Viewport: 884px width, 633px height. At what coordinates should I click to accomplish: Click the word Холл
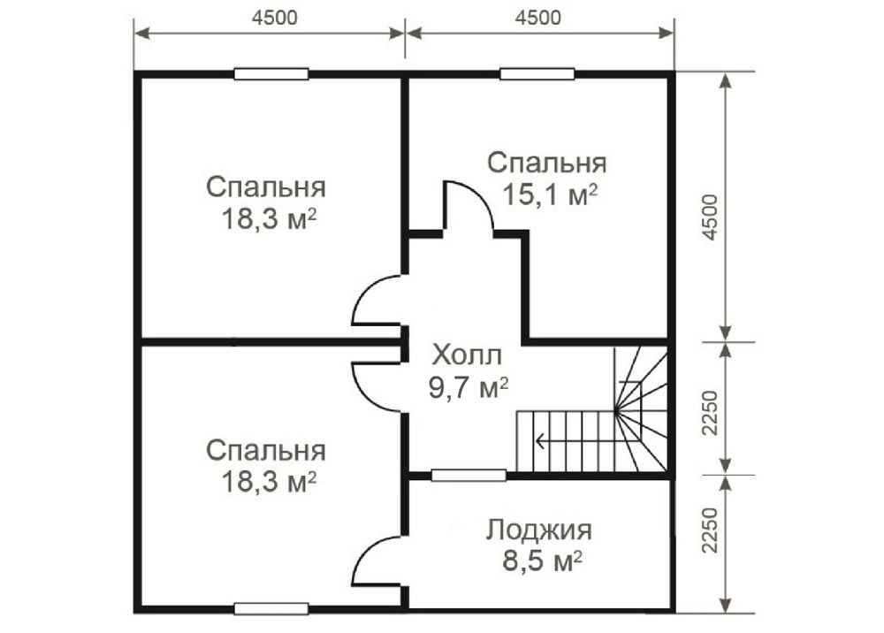(467, 356)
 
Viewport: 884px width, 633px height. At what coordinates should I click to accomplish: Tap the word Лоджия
(539, 530)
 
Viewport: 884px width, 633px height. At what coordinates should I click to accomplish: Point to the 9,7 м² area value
(469, 388)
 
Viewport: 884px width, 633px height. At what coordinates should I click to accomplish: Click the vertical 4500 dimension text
(712, 217)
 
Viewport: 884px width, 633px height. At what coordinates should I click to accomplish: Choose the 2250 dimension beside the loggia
(712, 530)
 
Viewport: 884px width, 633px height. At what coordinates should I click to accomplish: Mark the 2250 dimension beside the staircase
(712, 412)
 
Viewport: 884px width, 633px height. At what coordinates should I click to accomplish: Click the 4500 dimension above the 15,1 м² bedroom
(538, 18)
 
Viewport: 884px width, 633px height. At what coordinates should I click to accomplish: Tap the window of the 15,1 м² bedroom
(537, 74)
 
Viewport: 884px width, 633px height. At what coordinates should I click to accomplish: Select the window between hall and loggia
(469, 475)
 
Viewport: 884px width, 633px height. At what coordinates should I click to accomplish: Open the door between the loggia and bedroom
(376, 561)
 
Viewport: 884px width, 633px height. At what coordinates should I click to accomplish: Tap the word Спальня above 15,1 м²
(547, 164)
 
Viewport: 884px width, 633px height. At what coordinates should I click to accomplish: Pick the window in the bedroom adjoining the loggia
(271, 608)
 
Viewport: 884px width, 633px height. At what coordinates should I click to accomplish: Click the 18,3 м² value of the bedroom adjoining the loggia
(269, 482)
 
